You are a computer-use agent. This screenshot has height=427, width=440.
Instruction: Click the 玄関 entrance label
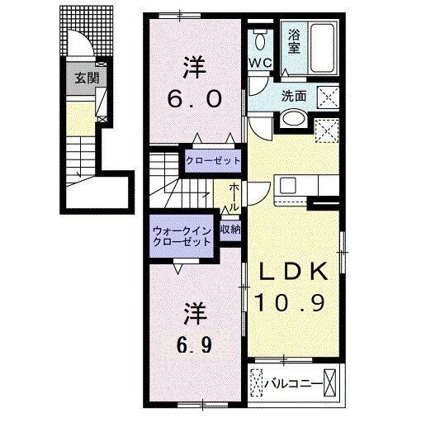click(87, 78)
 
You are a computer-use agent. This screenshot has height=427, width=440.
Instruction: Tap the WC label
click(260, 62)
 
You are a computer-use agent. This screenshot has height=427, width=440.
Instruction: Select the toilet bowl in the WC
click(259, 41)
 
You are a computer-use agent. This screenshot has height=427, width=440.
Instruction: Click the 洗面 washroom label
click(293, 96)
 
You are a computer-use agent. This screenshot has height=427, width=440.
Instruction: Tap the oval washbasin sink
click(294, 119)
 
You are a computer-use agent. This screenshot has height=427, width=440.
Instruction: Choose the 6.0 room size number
click(195, 99)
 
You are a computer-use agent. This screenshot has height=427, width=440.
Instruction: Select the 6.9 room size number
click(194, 345)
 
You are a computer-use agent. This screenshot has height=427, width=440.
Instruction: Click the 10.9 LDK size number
click(290, 302)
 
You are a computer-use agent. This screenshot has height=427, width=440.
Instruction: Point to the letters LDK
click(294, 271)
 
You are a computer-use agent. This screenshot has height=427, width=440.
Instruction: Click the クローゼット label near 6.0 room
click(213, 161)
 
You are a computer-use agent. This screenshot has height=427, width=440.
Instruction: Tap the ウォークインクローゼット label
click(182, 236)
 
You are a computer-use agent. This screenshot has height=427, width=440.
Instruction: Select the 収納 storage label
click(230, 230)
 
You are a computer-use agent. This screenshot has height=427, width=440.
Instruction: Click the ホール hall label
click(234, 197)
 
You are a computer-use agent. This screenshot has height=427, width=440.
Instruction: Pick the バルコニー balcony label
click(293, 383)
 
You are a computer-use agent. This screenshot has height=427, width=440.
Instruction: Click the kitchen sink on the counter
click(288, 185)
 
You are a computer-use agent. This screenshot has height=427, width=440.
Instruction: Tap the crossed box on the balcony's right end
click(329, 383)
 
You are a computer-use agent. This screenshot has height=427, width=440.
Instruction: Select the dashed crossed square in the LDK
click(326, 130)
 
